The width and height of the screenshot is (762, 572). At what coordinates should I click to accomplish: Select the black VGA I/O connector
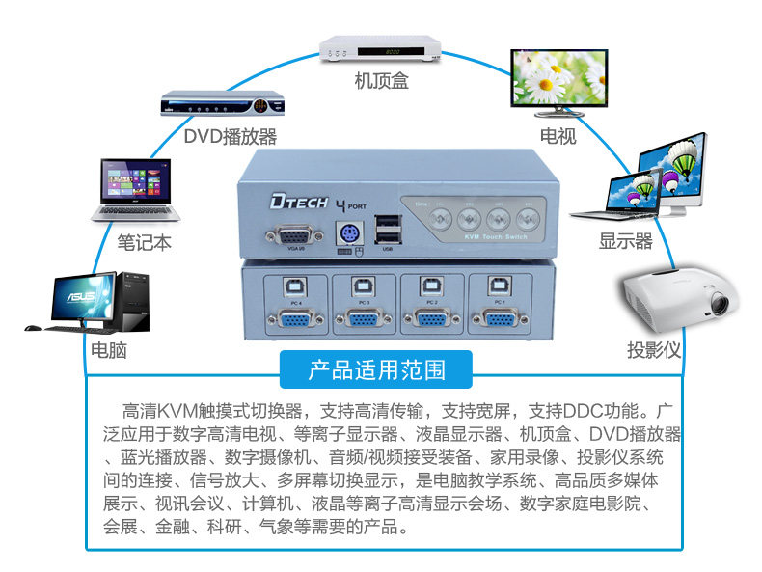pos(284,236)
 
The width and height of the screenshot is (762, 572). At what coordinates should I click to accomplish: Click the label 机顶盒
pos(380,81)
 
